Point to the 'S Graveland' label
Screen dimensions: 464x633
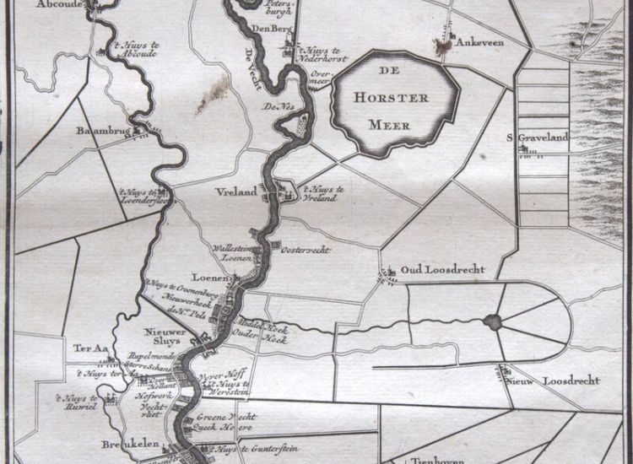(x=537, y=138)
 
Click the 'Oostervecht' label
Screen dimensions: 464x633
(x=306, y=250)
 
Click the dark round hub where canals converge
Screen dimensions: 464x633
(x=492, y=321)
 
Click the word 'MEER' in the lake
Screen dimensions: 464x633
(x=389, y=126)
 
